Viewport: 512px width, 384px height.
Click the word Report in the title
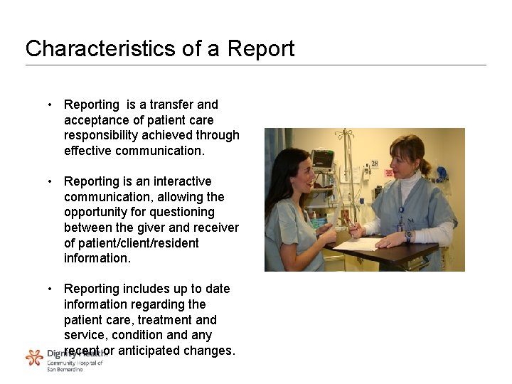(260, 49)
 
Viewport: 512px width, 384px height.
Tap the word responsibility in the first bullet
(104, 135)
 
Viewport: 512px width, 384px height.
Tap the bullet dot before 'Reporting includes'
(50, 289)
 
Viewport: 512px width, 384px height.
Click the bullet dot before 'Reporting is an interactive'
(50, 181)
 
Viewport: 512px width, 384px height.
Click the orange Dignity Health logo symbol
(34, 357)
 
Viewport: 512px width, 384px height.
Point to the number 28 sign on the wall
(374, 164)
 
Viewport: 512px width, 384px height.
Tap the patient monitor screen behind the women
(322, 158)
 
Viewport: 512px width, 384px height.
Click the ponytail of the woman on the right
(427, 168)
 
